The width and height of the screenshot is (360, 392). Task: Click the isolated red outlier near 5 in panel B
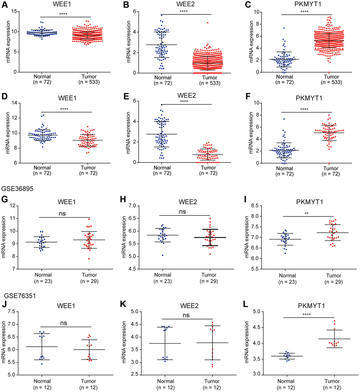click(208, 23)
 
